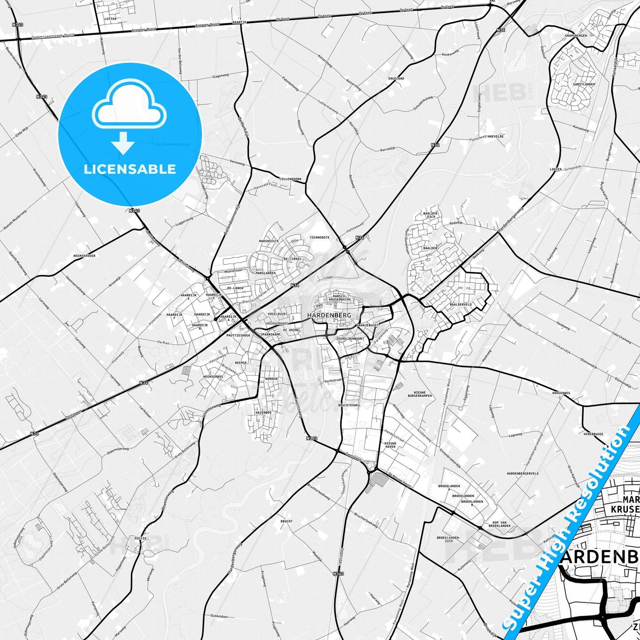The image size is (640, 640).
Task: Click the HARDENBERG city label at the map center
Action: click(329, 315)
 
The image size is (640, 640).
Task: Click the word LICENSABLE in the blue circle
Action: click(130, 169)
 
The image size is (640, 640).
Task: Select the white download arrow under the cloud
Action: click(123, 143)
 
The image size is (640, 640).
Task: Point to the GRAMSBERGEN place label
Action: click(576, 35)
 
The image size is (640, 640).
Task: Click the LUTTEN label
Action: click(110, 19)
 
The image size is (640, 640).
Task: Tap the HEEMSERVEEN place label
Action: click(84, 256)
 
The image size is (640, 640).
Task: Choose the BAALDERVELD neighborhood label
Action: click(461, 305)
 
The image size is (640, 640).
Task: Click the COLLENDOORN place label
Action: click(290, 179)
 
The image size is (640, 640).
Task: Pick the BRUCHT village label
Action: click(286, 521)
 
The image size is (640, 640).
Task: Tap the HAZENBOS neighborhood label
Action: click(263, 412)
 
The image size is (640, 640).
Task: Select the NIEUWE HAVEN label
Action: click(390, 445)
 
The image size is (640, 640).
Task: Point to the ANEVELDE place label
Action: click(495, 136)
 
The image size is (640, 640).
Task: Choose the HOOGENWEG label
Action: click(561, 393)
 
